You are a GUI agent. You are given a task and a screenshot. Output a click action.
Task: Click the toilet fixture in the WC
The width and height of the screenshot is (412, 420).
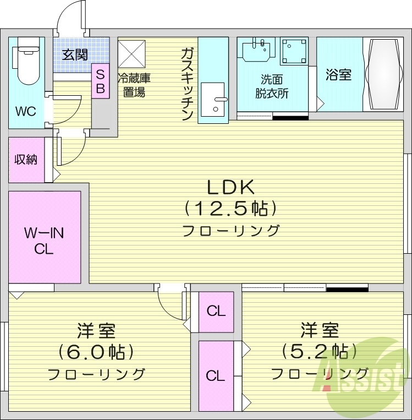[x=26, y=61]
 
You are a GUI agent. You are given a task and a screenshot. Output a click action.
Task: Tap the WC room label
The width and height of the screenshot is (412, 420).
[x=25, y=112]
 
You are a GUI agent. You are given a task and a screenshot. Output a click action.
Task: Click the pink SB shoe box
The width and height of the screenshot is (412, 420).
[x=100, y=81]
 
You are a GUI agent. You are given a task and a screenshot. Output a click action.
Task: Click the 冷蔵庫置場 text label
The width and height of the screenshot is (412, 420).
[x=133, y=85]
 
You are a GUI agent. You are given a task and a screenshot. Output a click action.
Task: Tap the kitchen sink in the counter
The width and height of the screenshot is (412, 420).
[x=212, y=99]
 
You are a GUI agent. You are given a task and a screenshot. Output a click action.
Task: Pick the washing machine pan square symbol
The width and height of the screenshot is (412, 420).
[x=294, y=51]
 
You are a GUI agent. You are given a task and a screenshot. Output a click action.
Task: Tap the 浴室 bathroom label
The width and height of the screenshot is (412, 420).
[x=338, y=74]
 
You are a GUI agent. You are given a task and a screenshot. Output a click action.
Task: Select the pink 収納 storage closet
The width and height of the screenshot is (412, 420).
[x=26, y=160]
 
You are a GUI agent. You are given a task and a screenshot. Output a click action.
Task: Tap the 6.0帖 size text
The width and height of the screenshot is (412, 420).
[x=96, y=352]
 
